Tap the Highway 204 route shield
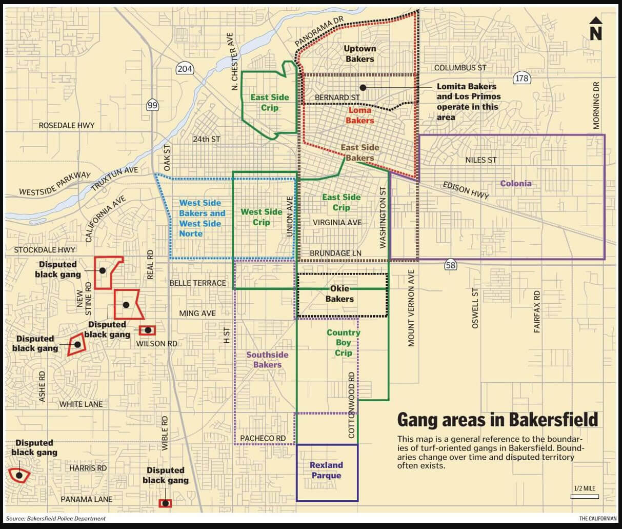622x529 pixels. pyautogui.click(x=184, y=68)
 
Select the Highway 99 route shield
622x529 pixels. pyautogui.click(x=152, y=105)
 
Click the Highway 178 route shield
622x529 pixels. pyautogui.click(x=521, y=78)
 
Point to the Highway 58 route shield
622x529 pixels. pyautogui.click(x=450, y=265)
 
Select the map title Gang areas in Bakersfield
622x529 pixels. pyautogui.click(x=497, y=419)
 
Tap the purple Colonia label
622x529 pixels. pyautogui.click(x=515, y=184)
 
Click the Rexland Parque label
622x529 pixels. pyautogui.click(x=326, y=470)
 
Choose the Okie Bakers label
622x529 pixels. pyautogui.click(x=339, y=294)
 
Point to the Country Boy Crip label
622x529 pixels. pyautogui.click(x=343, y=343)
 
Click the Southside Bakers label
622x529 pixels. pyautogui.click(x=267, y=360)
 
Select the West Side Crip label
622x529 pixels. pyautogui.click(x=262, y=217)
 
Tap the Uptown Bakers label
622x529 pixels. pyautogui.click(x=359, y=54)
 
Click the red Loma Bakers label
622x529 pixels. pyautogui.click(x=359, y=115)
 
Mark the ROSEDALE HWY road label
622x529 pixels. pyautogui.click(x=67, y=125)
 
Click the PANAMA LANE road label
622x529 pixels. pyautogui.click(x=86, y=499)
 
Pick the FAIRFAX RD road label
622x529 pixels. pyautogui.click(x=537, y=312)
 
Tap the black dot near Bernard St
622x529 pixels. pyautogui.click(x=363, y=88)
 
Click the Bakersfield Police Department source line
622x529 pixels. pyautogui.click(x=56, y=519)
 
